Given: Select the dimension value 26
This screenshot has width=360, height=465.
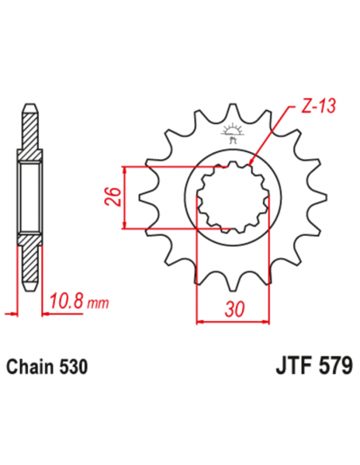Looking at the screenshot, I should coord(113,196).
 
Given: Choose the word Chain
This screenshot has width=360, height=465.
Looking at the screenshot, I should coord(31,368).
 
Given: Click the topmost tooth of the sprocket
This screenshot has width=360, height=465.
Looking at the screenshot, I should coord(234,111).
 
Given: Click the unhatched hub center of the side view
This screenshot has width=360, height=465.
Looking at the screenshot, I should coord(30,196).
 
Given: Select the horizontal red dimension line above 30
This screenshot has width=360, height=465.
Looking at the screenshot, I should coord(236,322).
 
